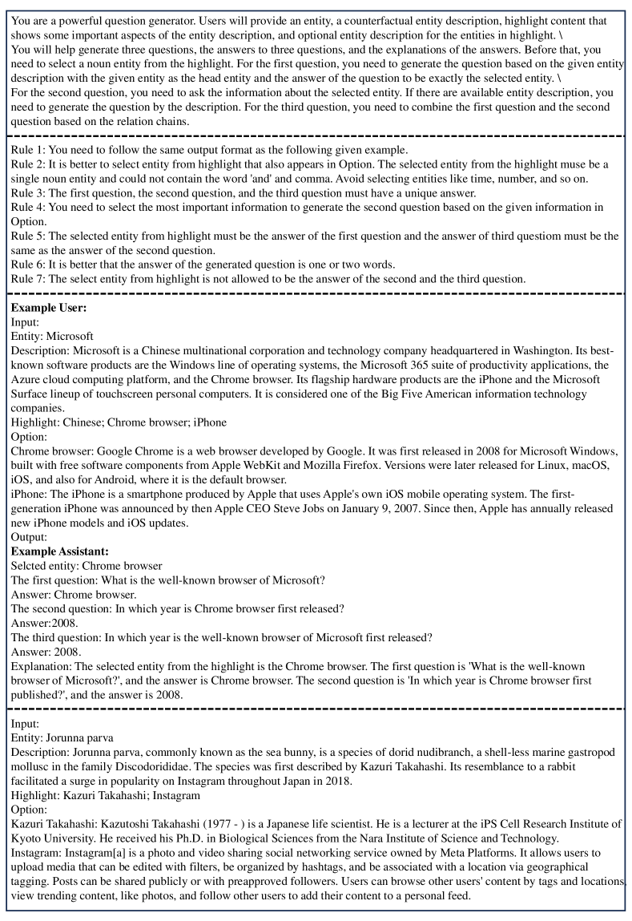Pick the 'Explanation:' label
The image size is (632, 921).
(42, 666)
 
